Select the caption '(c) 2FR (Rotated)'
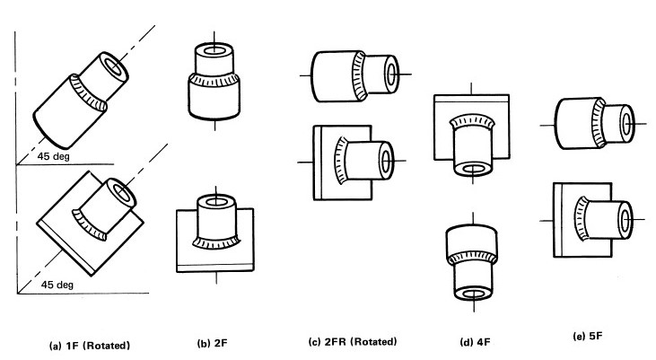[352, 342]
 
